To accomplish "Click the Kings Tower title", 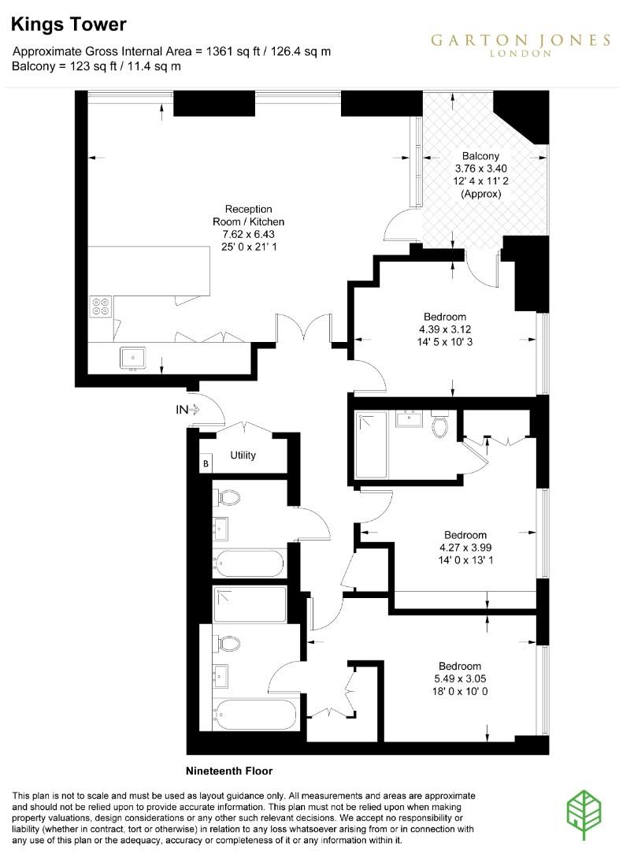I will pyautogui.click(x=69, y=25).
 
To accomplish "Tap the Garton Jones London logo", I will pyautogui.click(x=520, y=44).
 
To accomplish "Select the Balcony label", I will pyautogui.click(x=480, y=155).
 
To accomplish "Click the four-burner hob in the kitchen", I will pyautogui.click(x=101, y=305).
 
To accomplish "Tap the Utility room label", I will pyautogui.click(x=243, y=455).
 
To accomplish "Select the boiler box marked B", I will pyautogui.click(x=206, y=463).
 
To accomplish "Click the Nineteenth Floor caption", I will pyautogui.click(x=229, y=770).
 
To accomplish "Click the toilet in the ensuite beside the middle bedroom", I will pyautogui.click(x=439, y=426).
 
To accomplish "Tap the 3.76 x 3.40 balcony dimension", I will pyautogui.click(x=480, y=168).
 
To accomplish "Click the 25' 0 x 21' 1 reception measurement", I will pyautogui.click(x=249, y=247).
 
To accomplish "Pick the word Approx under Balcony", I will pyautogui.click(x=480, y=193).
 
